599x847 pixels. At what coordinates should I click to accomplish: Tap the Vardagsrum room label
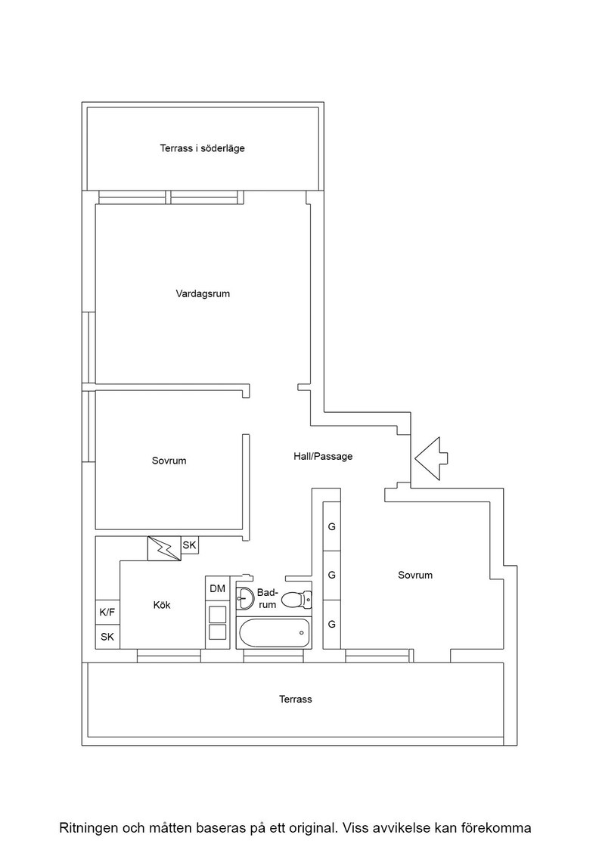[203, 294]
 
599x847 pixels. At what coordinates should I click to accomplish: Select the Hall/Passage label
[323, 457]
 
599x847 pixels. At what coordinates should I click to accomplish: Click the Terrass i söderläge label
[202, 148]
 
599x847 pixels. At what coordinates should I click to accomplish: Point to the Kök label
[162, 605]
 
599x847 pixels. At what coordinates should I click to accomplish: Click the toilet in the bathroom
[296, 598]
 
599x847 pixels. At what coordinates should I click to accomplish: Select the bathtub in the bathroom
[274, 632]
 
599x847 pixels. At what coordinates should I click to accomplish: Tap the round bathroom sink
[246, 597]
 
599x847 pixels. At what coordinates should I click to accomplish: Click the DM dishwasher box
[218, 588]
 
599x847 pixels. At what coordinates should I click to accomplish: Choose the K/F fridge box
[107, 613]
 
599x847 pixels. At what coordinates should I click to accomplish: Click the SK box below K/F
[107, 637]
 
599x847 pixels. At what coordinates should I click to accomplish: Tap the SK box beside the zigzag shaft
[190, 545]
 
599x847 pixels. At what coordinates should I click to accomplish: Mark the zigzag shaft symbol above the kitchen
[164, 549]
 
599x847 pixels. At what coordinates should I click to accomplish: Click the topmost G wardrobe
[331, 526]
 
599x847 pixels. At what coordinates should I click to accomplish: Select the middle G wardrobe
[331, 576]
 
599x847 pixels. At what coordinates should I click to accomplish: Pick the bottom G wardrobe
[331, 624]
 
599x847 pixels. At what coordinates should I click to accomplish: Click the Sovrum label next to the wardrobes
[415, 576]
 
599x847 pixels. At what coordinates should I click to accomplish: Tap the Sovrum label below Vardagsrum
[169, 461]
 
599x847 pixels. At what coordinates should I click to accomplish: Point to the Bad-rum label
[268, 598]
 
